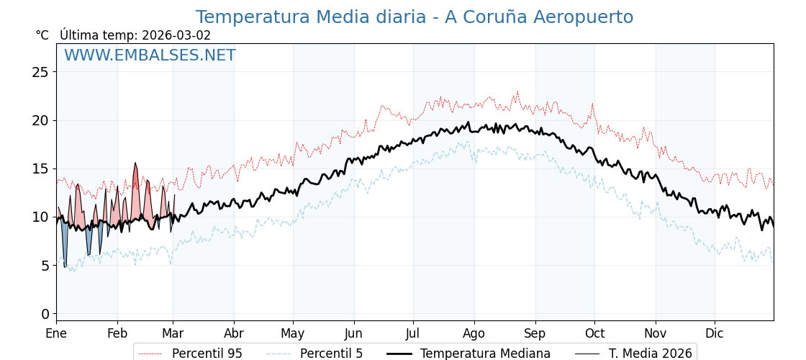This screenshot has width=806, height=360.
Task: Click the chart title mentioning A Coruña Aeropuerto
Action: (x=415, y=17)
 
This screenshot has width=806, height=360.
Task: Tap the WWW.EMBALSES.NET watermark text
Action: (x=150, y=55)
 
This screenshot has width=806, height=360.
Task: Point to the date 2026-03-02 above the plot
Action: (x=176, y=35)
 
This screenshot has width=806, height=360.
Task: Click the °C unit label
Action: (x=42, y=35)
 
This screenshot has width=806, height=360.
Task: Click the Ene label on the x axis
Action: (x=56, y=334)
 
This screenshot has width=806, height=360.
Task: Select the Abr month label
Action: (x=234, y=334)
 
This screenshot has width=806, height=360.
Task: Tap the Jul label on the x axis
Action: (x=413, y=334)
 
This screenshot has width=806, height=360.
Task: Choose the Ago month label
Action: (x=474, y=334)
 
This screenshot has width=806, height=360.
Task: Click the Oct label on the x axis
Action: (x=594, y=334)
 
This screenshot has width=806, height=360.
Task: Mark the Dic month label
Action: (x=715, y=334)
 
